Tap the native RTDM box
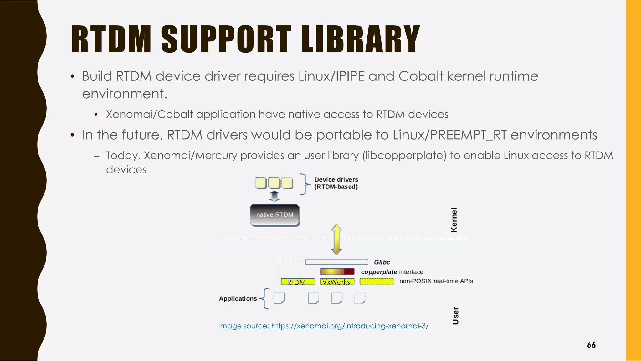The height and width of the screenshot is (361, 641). [x=274, y=215]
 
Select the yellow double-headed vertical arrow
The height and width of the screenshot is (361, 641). [x=336, y=240]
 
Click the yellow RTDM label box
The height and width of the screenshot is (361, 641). [x=298, y=282]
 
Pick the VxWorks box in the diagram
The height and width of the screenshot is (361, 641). [x=337, y=282]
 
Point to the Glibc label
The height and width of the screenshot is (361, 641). [x=382, y=262]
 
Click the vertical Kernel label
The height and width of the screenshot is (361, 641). [x=454, y=220]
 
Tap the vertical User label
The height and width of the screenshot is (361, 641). [x=456, y=316]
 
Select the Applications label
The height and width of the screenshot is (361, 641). [x=238, y=299]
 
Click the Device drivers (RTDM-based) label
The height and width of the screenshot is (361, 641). [x=336, y=183]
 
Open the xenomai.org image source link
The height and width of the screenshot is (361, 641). [x=350, y=326]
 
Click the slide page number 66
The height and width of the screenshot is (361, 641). [x=591, y=345]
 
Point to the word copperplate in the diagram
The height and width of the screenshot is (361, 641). [x=379, y=272]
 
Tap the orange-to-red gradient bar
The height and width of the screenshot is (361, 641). [x=337, y=271]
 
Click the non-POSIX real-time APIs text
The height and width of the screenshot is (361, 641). [x=436, y=281]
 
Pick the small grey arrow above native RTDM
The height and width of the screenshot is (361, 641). [x=274, y=196]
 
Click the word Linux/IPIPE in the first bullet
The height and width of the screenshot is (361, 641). [x=331, y=76]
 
